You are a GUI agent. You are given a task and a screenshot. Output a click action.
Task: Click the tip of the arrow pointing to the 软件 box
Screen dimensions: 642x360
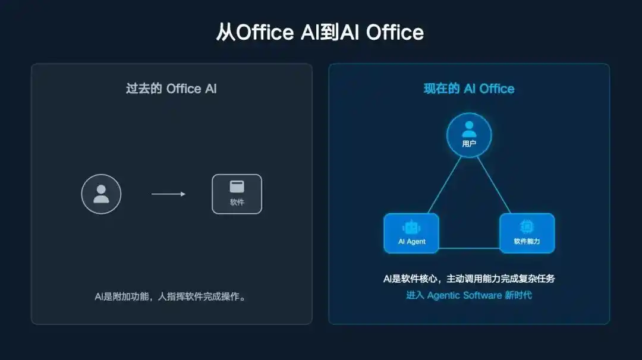[185, 194]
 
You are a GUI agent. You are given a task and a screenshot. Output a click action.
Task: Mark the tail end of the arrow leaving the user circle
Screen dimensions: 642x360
[152, 194]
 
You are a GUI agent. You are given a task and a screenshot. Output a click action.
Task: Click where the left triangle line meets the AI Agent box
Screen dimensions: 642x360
[428, 213]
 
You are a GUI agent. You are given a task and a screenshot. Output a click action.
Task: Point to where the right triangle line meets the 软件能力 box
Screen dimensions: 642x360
[511, 213]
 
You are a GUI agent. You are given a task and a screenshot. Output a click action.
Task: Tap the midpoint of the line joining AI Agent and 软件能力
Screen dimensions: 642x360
[469, 248]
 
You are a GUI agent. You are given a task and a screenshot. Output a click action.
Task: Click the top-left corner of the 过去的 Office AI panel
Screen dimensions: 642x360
[32, 64]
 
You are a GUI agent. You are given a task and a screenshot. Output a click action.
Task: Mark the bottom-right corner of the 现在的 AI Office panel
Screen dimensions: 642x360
[610, 324]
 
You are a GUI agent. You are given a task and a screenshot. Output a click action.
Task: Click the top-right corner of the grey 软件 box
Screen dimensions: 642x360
[262, 175]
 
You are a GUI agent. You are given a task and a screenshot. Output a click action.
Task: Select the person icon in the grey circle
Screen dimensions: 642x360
[101, 194]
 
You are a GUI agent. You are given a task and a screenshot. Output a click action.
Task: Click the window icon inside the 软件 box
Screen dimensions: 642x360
[237, 187]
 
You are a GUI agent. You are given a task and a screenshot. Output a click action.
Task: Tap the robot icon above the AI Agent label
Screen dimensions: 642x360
[411, 227]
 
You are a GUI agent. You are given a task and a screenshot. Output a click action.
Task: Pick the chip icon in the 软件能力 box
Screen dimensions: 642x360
[527, 226]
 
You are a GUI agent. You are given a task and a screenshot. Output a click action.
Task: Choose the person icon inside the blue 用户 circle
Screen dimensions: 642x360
[469, 130]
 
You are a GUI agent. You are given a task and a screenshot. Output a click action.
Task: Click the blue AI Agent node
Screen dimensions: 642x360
[411, 233]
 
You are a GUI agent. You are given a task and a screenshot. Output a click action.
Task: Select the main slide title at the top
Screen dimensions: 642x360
[320, 32]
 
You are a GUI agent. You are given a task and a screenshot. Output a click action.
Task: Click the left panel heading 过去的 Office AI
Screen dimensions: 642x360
[171, 89]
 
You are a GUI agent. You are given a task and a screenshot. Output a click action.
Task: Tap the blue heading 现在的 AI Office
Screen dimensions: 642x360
[469, 89]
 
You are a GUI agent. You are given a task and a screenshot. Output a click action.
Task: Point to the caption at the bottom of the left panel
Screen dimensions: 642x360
[171, 296]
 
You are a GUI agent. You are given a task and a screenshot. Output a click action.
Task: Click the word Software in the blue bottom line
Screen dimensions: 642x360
[482, 295]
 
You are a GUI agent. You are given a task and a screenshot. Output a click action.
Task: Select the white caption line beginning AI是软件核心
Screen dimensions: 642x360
[469, 279]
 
